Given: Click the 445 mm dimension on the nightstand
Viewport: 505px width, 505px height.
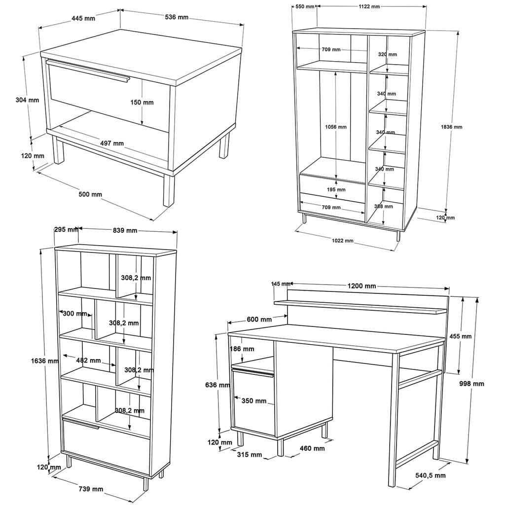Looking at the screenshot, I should pos(83,18).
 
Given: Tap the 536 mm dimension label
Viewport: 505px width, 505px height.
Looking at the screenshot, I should pos(177,17).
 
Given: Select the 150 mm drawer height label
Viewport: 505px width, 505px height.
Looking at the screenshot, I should pos(143,103).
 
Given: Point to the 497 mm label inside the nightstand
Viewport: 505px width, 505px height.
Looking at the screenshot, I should pos(112,144).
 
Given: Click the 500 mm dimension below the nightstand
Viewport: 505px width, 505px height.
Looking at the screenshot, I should pos(90,194).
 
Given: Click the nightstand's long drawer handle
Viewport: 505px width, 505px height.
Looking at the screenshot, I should pos(88,69).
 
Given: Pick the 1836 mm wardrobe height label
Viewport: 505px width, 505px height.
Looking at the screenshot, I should pos(451,127).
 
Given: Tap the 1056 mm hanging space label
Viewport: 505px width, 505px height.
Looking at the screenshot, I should pos(335,127).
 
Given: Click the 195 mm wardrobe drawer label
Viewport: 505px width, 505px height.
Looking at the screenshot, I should pos(336,189).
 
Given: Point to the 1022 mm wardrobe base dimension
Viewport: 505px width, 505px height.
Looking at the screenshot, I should pos(342,241).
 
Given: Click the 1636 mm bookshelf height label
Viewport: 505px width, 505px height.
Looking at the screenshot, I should pos(44,361).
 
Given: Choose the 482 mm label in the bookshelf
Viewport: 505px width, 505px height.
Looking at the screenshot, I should pos(88,361).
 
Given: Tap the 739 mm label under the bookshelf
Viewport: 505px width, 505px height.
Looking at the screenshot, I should pos(91,489).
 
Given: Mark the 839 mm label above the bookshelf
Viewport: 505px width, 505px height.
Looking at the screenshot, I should pos(125,230).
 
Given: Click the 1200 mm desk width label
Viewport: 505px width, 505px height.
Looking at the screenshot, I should pos(361,286).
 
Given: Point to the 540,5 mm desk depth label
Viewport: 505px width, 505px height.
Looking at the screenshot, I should pos(430,475).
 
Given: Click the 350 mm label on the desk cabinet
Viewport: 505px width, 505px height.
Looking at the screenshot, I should pos(254,401).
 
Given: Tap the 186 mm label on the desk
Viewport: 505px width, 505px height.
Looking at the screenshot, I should pos(242,349).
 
